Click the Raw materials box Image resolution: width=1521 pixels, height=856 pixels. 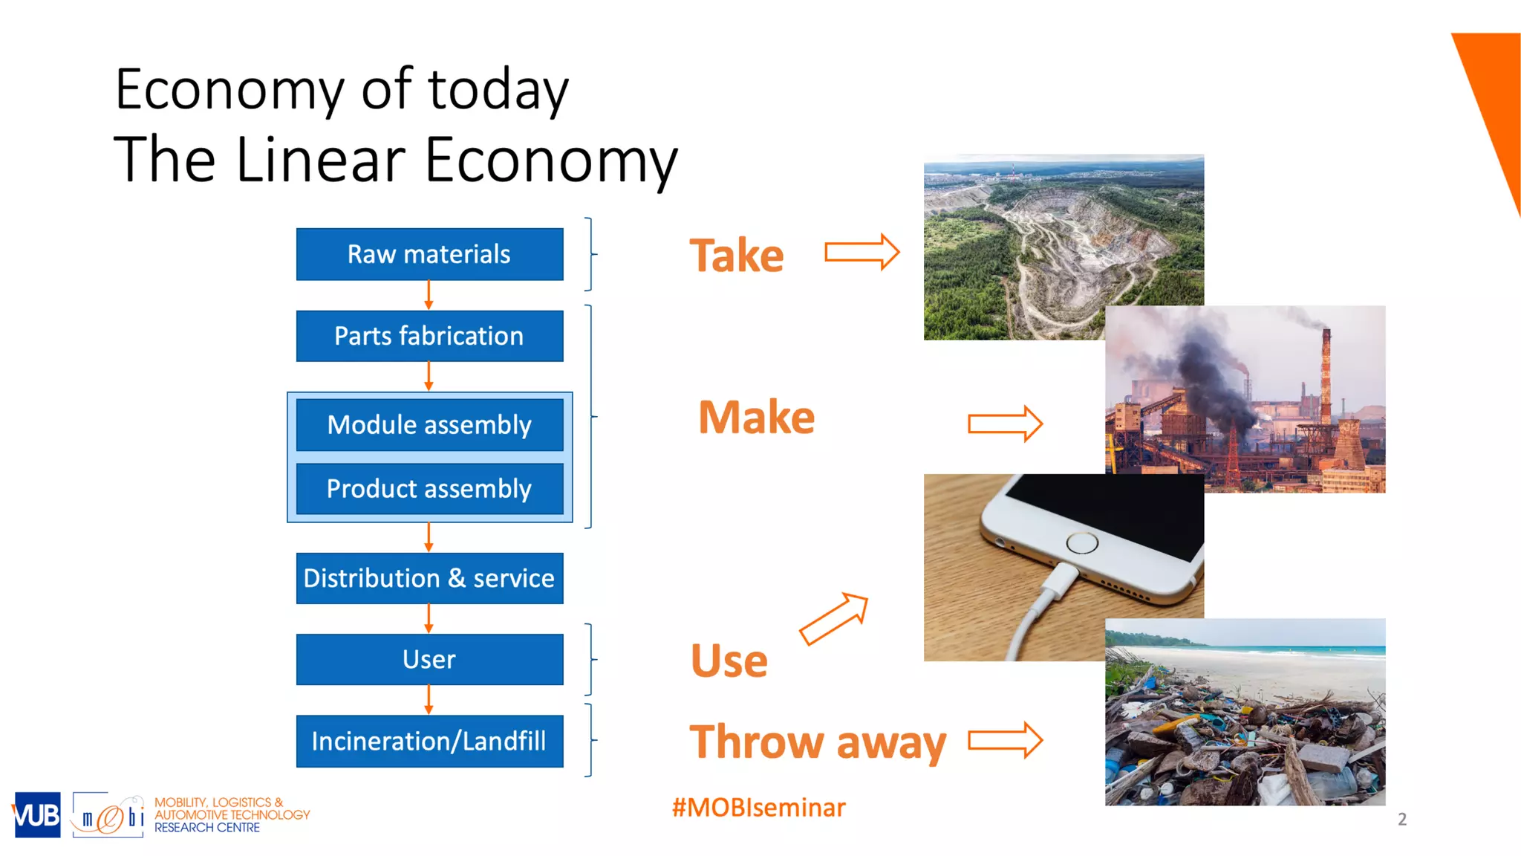429,254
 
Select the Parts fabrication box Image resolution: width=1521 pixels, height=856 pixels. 429,336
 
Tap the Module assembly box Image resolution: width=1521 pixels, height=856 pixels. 429,424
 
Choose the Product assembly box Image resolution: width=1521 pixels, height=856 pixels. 429,489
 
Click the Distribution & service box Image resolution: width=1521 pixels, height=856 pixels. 429,578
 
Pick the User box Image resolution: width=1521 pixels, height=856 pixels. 429,659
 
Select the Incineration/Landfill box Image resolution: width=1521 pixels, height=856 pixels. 429,741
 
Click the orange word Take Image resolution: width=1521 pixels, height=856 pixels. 736,256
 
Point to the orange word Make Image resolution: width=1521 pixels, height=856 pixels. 756,417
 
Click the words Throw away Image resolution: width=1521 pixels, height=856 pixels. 818,742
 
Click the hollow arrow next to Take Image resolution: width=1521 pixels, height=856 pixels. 862,252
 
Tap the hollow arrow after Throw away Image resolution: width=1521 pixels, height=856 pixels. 1005,740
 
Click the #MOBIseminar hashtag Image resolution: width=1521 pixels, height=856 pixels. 758,808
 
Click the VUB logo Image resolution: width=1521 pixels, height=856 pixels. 36,815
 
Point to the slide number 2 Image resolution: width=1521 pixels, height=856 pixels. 1401,819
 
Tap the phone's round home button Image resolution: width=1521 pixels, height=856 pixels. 1081,543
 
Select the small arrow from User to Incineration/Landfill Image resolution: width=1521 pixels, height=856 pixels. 429,699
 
